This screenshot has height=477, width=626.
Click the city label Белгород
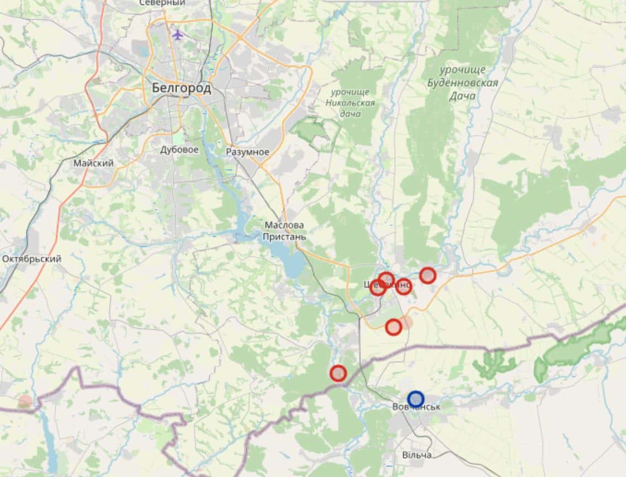(181, 88)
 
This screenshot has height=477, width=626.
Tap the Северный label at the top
(162, 3)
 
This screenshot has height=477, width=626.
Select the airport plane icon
(177, 35)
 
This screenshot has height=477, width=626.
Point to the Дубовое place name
(179, 150)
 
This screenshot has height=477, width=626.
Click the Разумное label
(247, 152)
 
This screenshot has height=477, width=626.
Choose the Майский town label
(93, 163)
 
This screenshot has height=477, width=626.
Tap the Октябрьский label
(31, 258)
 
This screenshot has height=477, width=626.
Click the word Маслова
(284, 225)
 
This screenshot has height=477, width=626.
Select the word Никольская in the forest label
(350, 103)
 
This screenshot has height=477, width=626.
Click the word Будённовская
(463, 83)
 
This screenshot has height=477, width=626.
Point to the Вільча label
(417, 455)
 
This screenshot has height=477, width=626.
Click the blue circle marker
(416, 398)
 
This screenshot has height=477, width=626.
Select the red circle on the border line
(338, 374)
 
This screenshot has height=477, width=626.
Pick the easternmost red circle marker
(428, 275)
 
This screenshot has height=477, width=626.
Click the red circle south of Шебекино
(393, 327)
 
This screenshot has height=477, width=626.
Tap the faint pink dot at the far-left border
(25, 401)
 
